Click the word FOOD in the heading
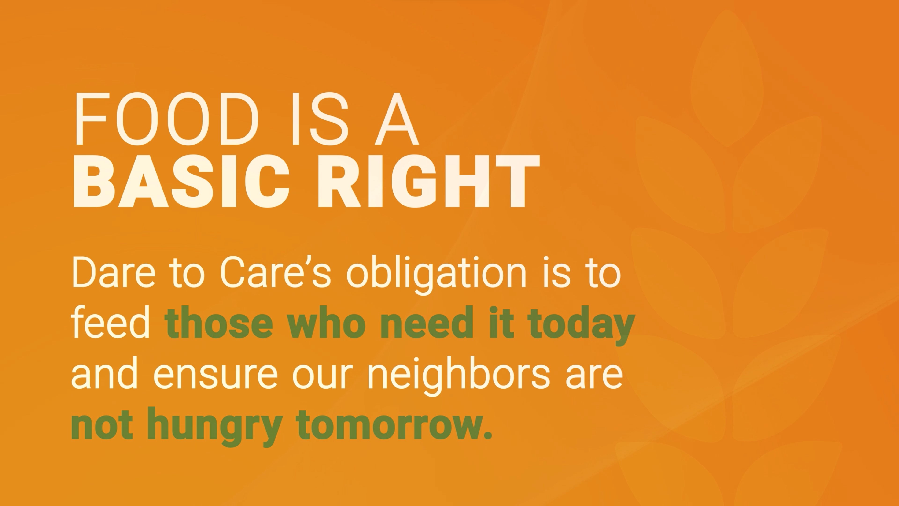166,119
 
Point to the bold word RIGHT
428,182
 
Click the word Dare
113,272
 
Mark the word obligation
436,275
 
